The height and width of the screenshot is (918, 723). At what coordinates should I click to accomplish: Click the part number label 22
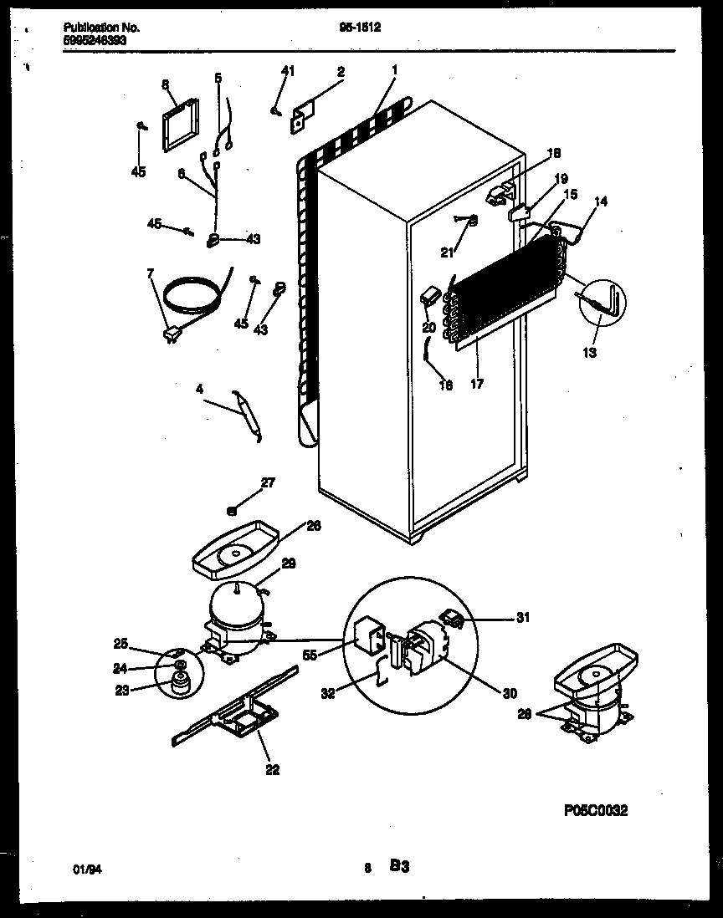[272, 770]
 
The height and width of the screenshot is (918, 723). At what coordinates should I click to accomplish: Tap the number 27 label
[267, 482]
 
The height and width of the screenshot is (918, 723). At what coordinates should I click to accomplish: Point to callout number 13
[590, 353]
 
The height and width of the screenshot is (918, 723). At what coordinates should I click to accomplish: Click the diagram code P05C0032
[595, 810]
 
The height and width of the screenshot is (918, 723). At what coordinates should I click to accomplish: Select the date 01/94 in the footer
[87, 870]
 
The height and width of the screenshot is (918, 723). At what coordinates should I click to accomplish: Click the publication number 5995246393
[95, 38]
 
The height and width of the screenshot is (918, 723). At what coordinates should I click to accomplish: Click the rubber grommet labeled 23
[177, 685]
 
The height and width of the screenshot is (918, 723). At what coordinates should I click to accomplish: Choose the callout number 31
[522, 618]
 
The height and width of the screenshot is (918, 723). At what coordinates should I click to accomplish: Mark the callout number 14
[602, 201]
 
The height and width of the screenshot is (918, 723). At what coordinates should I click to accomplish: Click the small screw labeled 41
[274, 109]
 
